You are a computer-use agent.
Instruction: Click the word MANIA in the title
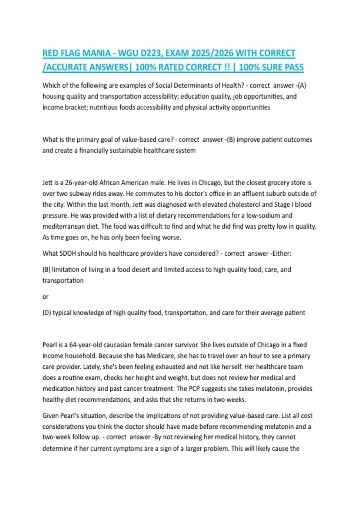coord(97,53)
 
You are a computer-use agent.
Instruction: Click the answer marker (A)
coord(301,85)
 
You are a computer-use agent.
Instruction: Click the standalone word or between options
coord(45,297)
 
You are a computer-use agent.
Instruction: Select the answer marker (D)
coord(46,313)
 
